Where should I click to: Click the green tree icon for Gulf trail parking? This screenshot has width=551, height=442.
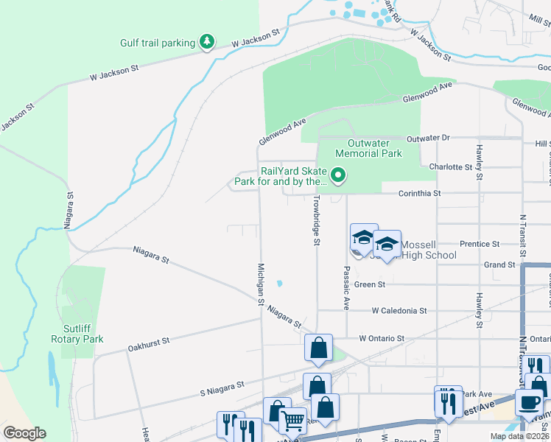207,42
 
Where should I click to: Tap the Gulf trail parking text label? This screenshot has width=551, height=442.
157,43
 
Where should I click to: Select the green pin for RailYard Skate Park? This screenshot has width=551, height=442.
338,175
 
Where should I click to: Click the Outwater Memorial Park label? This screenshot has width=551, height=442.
368,148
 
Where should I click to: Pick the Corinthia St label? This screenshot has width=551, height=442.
419,193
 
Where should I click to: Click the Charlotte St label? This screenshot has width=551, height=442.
450,167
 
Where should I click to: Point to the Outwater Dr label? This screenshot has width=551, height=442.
427,138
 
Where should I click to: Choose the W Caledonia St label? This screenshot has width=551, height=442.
399,311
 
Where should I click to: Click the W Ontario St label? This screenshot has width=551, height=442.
382,338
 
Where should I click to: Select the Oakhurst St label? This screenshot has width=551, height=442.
149,342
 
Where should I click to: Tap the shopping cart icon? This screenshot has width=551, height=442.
293,421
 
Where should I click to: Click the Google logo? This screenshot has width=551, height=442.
24,433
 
